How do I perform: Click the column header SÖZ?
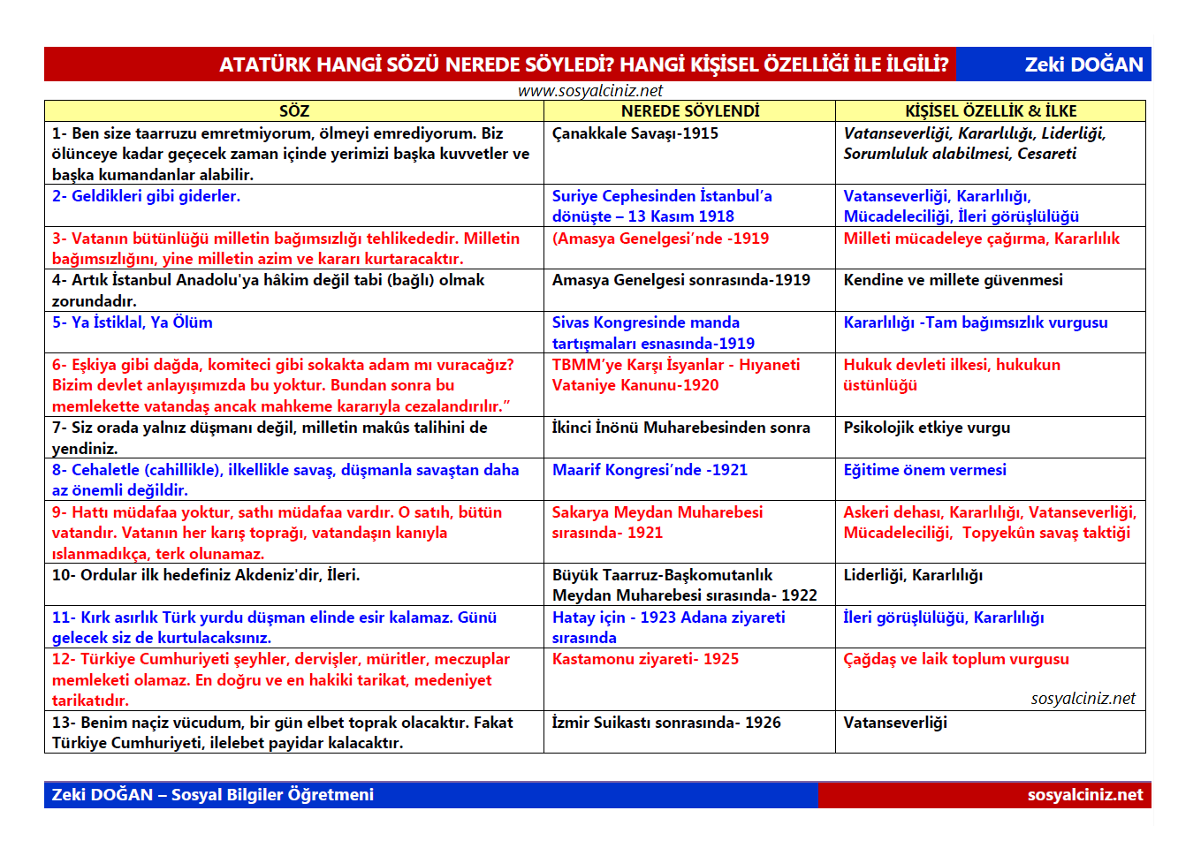[x=294, y=111]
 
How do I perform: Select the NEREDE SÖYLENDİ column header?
[x=689, y=111]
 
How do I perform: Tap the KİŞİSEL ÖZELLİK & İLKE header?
[x=991, y=111]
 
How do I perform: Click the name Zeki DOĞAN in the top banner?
[x=1083, y=64]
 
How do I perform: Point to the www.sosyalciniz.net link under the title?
[x=589, y=91]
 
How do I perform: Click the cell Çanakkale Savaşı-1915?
[x=635, y=133]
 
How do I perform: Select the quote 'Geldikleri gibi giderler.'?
[x=146, y=196]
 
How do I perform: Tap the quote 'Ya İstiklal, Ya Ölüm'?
[x=132, y=322]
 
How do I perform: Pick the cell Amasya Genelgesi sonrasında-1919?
[x=680, y=280]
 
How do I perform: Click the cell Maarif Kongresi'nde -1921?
[x=650, y=470]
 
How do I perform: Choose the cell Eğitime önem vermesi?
[x=924, y=470]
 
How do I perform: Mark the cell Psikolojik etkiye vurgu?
[x=926, y=428]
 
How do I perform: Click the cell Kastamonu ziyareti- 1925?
[x=645, y=659]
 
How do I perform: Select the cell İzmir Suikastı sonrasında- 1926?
[x=666, y=723]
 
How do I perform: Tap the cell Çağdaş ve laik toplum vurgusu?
[x=955, y=659]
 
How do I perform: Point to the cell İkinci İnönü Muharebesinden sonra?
[x=680, y=428]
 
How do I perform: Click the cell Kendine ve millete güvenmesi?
[x=953, y=280]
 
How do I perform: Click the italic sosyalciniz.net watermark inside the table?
[x=1083, y=699]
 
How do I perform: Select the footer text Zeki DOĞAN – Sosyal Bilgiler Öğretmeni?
[x=213, y=795]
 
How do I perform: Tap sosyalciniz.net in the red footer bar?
[x=1084, y=795]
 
